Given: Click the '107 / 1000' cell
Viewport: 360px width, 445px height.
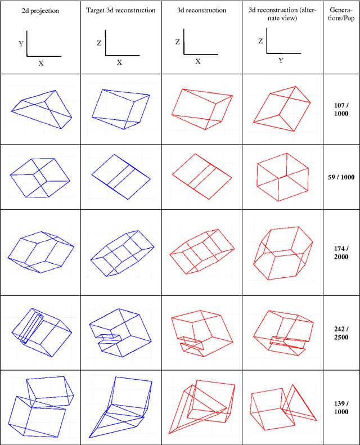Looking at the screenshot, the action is click(x=341, y=109).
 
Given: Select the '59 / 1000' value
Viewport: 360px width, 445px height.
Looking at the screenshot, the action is click(x=341, y=177).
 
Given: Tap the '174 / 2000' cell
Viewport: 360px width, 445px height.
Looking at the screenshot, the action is click(x=341, y=253).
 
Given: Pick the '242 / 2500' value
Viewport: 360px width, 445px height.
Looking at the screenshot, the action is click(x=341, y=333).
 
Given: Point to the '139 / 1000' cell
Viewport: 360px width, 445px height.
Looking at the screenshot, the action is click(x=341, y=407).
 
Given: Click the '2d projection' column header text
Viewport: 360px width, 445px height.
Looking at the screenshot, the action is click(x=40, y=11).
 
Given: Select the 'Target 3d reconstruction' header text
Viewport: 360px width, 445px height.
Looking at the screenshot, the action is click(x=121, y=10).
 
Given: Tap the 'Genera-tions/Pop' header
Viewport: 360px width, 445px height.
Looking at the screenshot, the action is click(x=341, y=14).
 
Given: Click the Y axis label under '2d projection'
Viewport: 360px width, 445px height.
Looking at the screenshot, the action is click(x=21, y=44).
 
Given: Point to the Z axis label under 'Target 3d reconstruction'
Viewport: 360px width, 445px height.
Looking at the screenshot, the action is click(x=99, y=43).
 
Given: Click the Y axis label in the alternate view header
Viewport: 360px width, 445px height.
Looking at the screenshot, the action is click(x=281, y=60).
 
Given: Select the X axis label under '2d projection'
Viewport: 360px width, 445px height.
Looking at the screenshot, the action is click(x=41, y=63).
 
